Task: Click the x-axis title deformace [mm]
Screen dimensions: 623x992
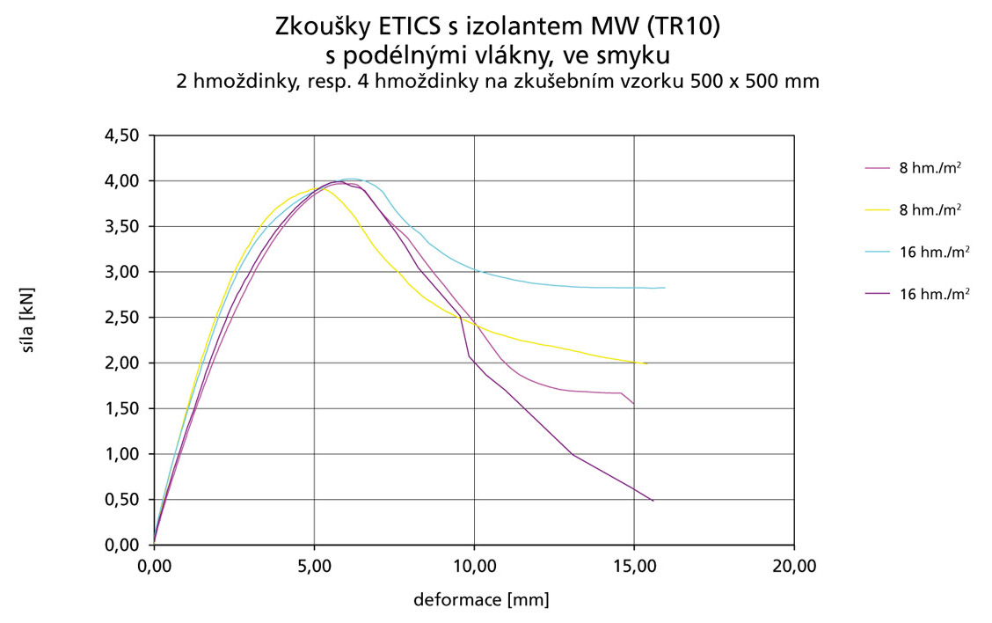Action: (481, 601)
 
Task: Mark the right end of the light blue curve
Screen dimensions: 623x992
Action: (665, 288)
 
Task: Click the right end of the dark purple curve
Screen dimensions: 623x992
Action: (653, 501)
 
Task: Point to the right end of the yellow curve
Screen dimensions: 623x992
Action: (646, 363)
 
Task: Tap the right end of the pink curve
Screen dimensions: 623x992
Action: (633, 403)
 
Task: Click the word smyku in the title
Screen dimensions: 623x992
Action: (634, 55)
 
